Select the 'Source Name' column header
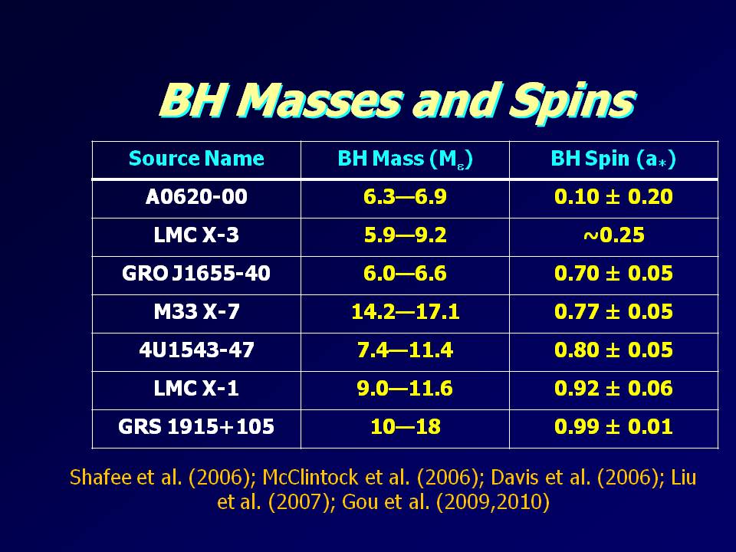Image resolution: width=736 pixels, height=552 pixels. click(x=196, y=159)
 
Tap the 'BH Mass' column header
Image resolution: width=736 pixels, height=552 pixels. click(x=405, y=159)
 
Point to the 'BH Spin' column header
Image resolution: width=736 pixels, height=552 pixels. click(x=613, y=159)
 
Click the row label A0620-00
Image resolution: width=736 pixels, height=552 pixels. click(x=196, y=198)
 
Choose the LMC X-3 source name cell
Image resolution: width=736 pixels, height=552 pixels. click(x=196, y=236)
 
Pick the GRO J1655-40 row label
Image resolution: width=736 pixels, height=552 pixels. click(x=196, y=274)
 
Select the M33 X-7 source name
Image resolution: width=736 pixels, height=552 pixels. click(x=196, y=313)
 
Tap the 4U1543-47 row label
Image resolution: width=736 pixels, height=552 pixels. click(x=196, y=351)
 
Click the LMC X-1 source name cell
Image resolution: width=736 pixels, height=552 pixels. click(x=196, y=389)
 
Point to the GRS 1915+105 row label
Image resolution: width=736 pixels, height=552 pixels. click(x=196, y=428)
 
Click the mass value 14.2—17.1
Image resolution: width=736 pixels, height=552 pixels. click(x=405, y=313)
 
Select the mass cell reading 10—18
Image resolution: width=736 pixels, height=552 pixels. click(x=405, y=428)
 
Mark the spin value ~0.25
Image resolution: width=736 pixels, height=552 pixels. click(x=613, y=236)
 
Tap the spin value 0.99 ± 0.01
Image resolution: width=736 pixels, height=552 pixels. click(x=613, y=428)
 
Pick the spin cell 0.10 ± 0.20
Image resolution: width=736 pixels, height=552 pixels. click(x=613, y=198)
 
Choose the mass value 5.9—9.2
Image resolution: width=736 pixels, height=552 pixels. click(x=405, y=236)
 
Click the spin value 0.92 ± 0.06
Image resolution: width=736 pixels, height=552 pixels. click(x=613, y=389)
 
